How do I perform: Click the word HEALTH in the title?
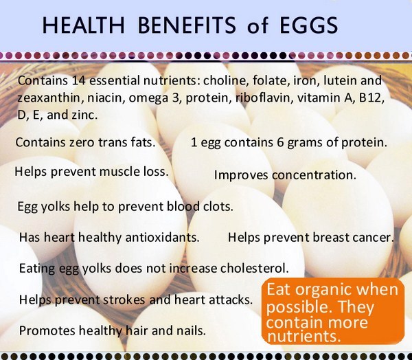(x=83, y=25)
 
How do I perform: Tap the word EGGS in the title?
(x=309, y=25)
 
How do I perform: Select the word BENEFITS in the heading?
(x=187, y=25)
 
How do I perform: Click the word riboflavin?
(x=264, y=98)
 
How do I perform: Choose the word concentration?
(x=314, y=175)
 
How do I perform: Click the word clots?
(x=218, y=206)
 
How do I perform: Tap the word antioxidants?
(x=162, y=238)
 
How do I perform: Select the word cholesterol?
(x=254, y=268)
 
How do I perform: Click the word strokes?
(x=124, y=300)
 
